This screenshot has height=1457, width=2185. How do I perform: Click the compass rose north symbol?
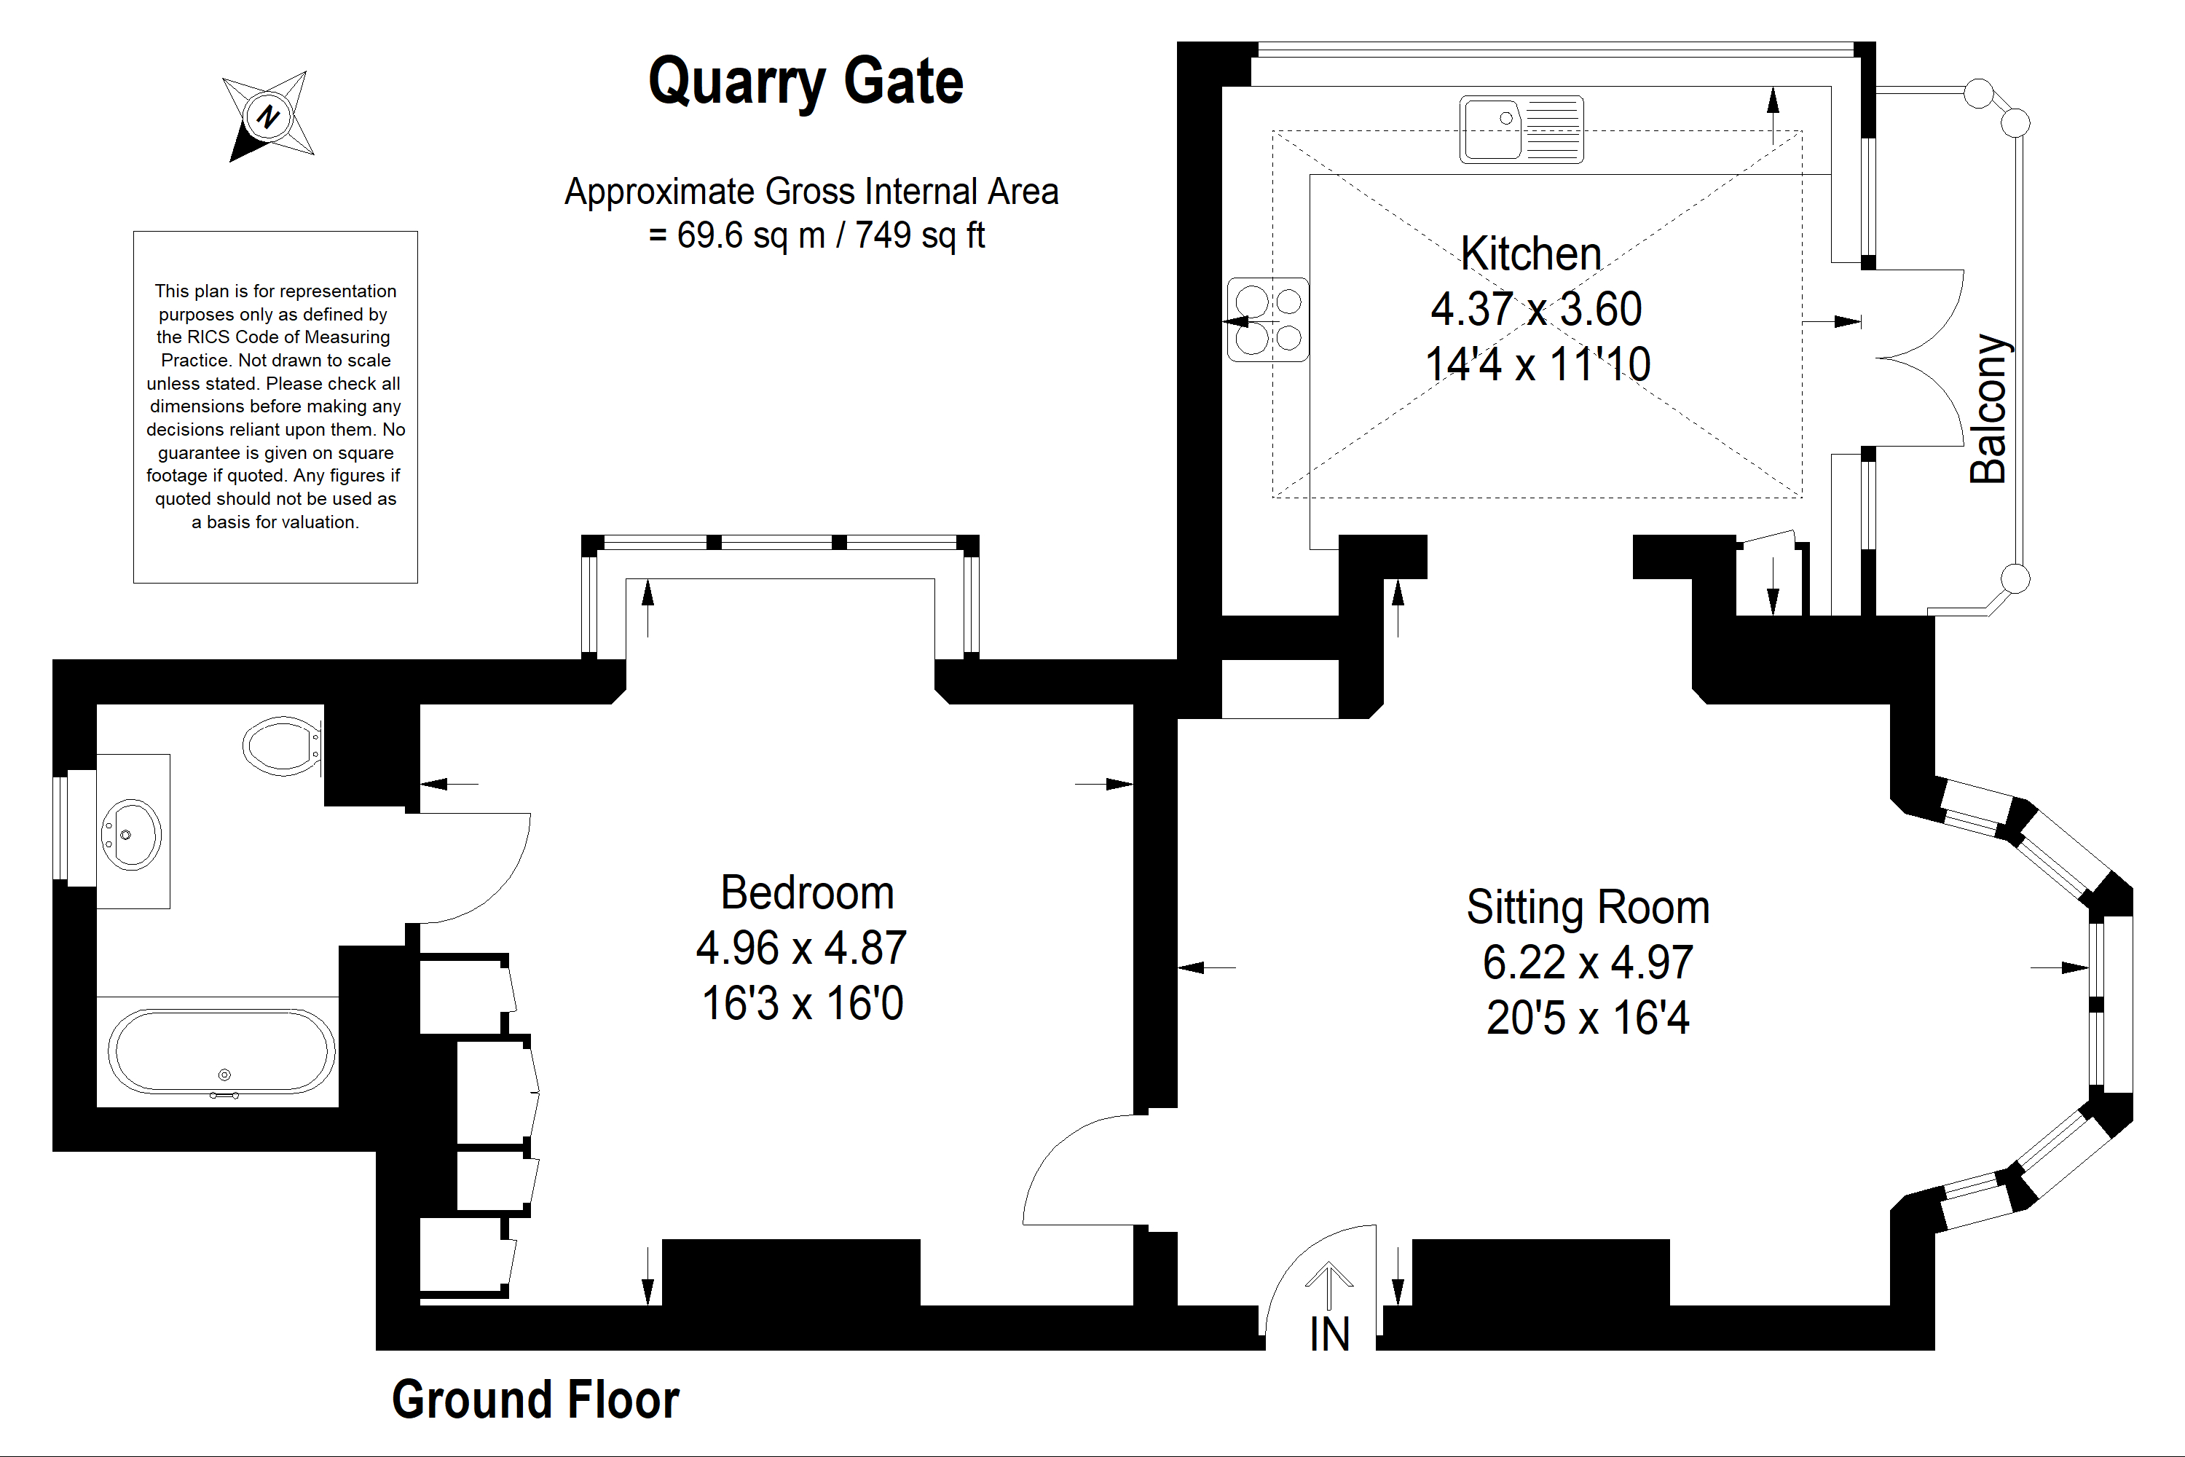269,116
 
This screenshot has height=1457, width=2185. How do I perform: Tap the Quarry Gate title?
806,82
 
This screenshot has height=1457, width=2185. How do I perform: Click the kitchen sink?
1521,129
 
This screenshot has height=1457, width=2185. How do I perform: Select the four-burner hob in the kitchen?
1268,320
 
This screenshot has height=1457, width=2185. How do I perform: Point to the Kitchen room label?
1531,254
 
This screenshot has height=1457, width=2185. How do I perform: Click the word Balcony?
1988,409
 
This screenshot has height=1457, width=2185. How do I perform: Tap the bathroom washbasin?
131,833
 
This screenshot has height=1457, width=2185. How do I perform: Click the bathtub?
222,1052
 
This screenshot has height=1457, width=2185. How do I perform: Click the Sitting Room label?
1588,908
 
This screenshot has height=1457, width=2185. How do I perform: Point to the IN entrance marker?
1329,1335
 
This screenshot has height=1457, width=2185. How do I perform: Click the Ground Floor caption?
535,1399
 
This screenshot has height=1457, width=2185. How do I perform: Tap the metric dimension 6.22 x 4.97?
1588,962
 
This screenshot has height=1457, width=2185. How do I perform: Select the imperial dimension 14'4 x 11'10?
1538,364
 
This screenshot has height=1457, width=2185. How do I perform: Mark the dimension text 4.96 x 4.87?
800,949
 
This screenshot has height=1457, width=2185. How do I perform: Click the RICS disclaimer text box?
275,407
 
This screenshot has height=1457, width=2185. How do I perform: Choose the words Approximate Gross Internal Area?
811,192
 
